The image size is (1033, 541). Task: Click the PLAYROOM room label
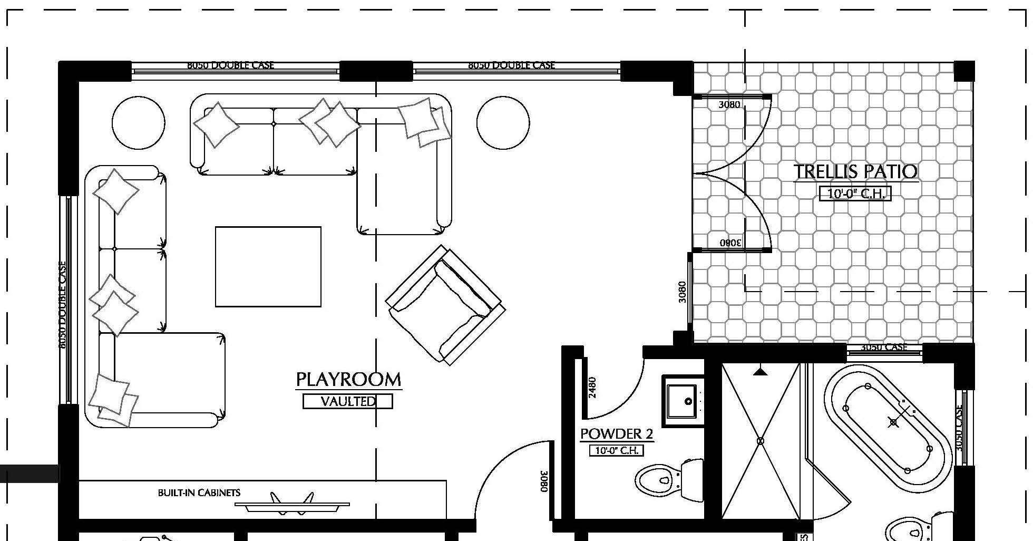coord(348,379)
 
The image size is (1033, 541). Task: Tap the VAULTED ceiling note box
coord(348,401)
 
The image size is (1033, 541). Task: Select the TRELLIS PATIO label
coord(855,171)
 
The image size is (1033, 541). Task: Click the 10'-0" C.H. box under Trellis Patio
coord(855,194)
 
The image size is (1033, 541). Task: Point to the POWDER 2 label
coord(617,434)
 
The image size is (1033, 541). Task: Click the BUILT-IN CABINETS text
coord(199,493)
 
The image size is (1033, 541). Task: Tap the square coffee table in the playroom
coord(268,266)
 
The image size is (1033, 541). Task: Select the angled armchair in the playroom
coord(444,305)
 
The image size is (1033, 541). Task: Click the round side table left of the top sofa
coord(138,122)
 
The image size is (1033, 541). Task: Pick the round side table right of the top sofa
coord(503,122)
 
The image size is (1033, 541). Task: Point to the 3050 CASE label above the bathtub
coord(884,347)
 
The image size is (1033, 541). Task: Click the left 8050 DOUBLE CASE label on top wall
coord(230,65)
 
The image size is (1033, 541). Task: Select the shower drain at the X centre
coord(761,441)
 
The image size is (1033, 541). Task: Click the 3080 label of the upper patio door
coord(729,105)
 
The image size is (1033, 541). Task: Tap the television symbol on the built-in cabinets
coord(292,504)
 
